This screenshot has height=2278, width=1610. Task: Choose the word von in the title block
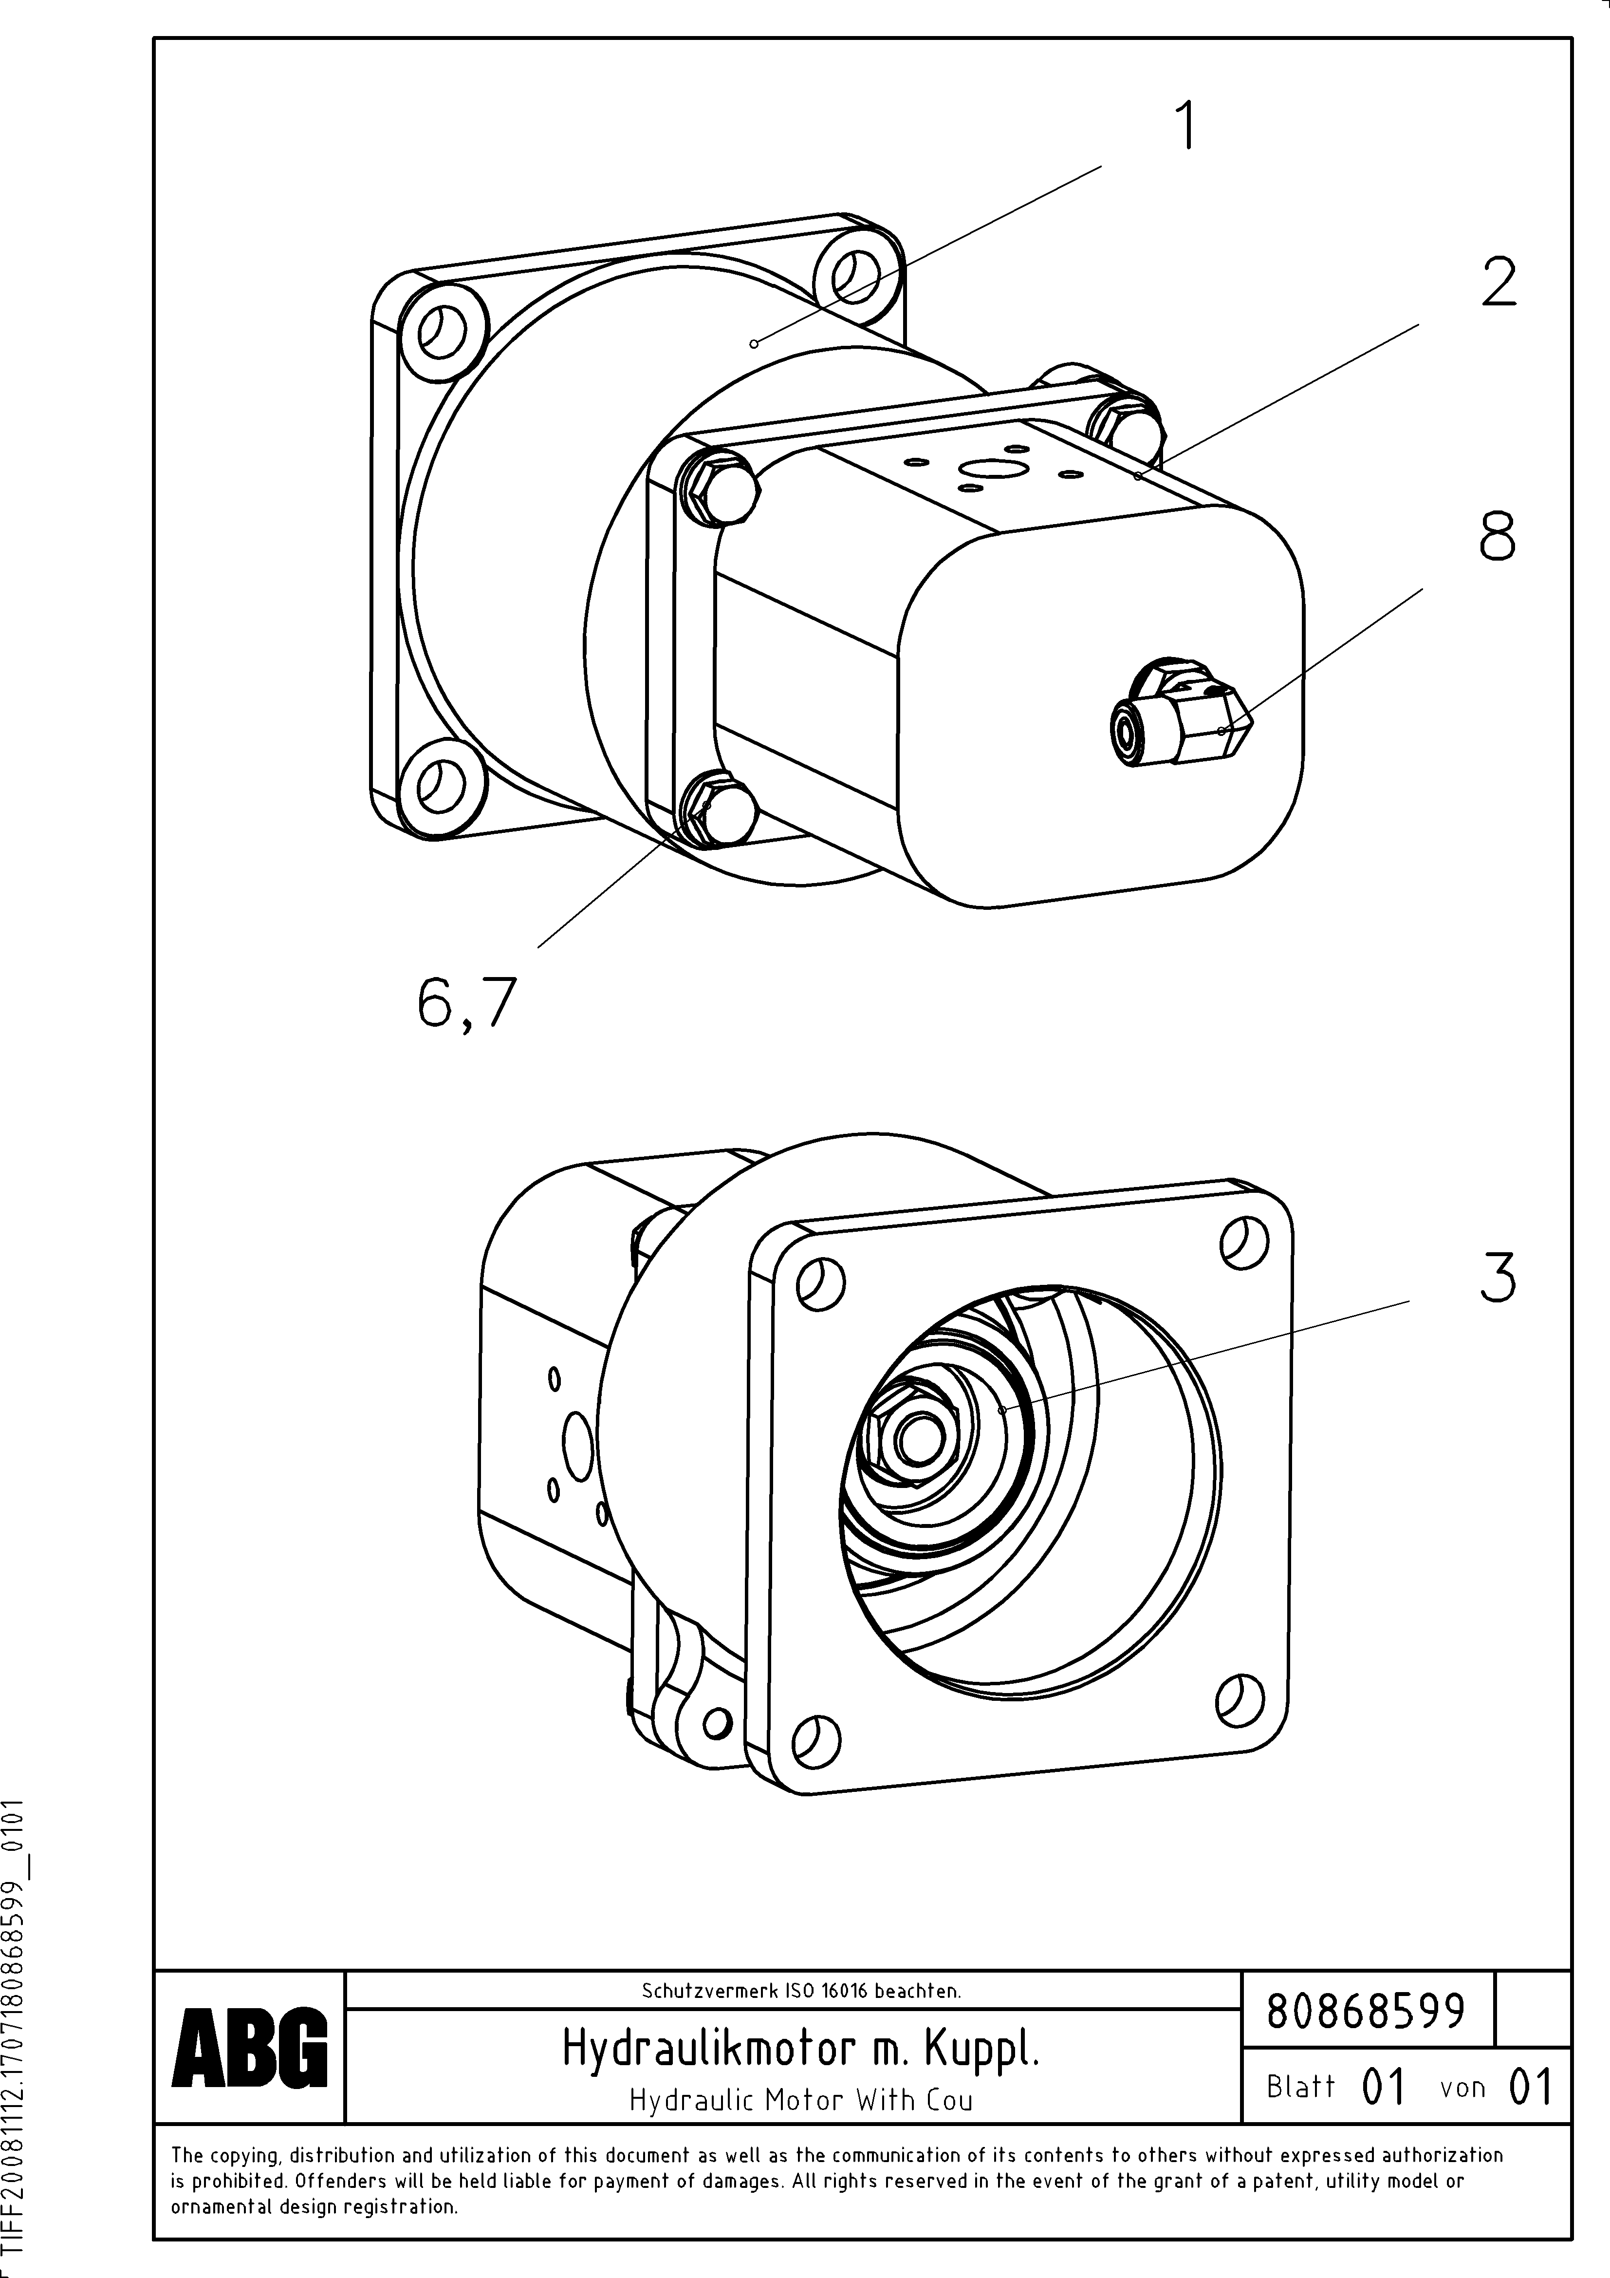click(x=1462, y=2088)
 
